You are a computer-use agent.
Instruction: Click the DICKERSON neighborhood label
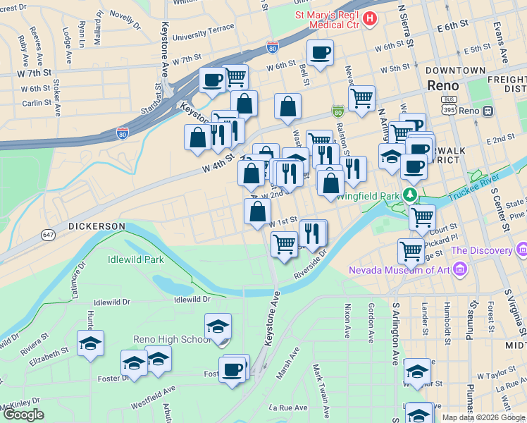click(97, 226)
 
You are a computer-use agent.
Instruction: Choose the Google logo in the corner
click(23, 415)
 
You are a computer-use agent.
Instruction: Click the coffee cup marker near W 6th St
click(320, 52)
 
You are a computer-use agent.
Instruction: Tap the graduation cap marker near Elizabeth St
click(90, 343)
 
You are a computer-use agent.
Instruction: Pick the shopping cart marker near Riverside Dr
click(284, 245)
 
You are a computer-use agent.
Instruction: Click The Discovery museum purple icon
click(521, 250)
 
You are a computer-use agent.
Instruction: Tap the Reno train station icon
click(488, 111)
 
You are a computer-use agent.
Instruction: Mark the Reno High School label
click(177, 339)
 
